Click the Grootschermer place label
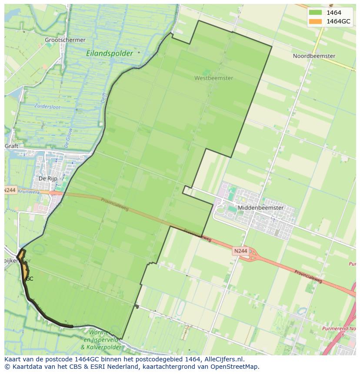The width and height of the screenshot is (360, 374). tap(65, 40)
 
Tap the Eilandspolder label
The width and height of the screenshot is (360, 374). tap(110, 53)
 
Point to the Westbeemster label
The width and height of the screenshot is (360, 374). tap(213, 78)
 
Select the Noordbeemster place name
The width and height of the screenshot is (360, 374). tap(314, 56)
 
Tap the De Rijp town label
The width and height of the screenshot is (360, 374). tap(48, 179)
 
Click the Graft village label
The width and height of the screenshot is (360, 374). tap(12, 146)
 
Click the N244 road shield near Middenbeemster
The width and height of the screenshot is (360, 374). tap(240, 251)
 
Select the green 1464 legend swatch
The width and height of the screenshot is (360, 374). tap(315, 13)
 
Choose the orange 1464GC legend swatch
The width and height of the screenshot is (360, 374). tap(315, 21)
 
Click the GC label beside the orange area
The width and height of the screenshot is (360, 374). tap(30, 279)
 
